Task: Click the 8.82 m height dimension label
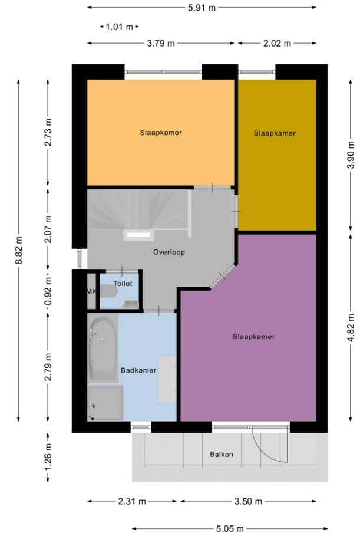pos(19,250)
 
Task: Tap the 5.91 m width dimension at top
pos(201,8)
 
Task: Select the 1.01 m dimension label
pos(120,27)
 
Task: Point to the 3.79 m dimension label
pos(160,44)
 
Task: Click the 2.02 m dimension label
pos(276,44)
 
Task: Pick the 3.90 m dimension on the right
pos(351,156)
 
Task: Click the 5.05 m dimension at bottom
pos(229,529)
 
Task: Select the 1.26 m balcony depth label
pos(48,457)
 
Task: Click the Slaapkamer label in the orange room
pos(161,133)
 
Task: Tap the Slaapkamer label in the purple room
pos(253,337)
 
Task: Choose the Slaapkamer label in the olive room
pos(275,133)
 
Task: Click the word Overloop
pos(169,252)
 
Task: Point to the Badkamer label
pos(138,370)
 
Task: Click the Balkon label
pos(222,454)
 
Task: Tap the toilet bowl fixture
pos(108,291)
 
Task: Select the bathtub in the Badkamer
pos(102,349)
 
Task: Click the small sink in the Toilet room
pos(131,304)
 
